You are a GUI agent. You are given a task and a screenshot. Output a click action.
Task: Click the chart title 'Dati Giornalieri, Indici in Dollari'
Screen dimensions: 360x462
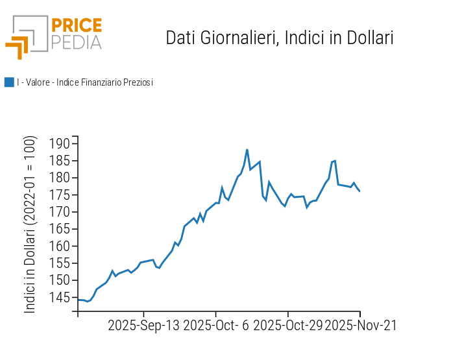[x=280, y=38]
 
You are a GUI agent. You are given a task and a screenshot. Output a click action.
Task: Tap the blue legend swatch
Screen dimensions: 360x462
[x=9, y=82]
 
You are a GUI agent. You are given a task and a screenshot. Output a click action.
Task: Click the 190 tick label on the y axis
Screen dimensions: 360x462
[x=58, y=143]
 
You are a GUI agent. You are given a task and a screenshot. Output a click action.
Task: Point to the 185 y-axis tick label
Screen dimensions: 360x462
[x=58, y=160]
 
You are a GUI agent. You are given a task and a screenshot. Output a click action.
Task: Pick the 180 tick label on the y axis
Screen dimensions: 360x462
[x=58, y=178]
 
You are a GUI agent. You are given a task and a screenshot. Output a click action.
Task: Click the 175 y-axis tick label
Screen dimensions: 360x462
[x=58, y=195]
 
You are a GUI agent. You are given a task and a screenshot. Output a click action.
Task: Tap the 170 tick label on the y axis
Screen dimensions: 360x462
[x=58, y=212]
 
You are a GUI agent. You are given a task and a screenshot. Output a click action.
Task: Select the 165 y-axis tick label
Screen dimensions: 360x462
[x=58, y=229]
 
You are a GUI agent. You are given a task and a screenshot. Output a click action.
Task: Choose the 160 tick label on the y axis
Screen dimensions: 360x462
[x=58, y=246]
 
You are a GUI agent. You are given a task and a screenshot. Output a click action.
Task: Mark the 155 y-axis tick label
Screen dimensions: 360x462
[x=58, y=263]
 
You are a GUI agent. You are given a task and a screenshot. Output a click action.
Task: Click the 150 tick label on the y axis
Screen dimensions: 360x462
[x=58, y=280]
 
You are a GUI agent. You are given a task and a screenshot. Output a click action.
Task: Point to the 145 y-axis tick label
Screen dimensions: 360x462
[x=58, y=297]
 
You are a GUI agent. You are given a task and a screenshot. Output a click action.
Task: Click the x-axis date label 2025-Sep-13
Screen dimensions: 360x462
[x=143, y=325]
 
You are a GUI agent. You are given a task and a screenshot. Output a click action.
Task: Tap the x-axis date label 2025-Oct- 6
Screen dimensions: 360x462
[x=216, y=325]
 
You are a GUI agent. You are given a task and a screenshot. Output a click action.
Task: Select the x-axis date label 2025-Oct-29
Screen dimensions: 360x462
[x=287, y=325]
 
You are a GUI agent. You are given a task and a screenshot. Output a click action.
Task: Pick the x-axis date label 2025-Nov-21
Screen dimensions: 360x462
[x=360, y=325]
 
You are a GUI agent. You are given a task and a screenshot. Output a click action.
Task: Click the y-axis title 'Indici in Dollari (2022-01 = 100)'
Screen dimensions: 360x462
[x=30, y=224]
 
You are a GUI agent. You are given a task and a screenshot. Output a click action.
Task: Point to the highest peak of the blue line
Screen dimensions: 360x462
[x=247, y=150]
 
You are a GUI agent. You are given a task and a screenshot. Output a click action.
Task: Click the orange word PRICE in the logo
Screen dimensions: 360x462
[x=76, y=26]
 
